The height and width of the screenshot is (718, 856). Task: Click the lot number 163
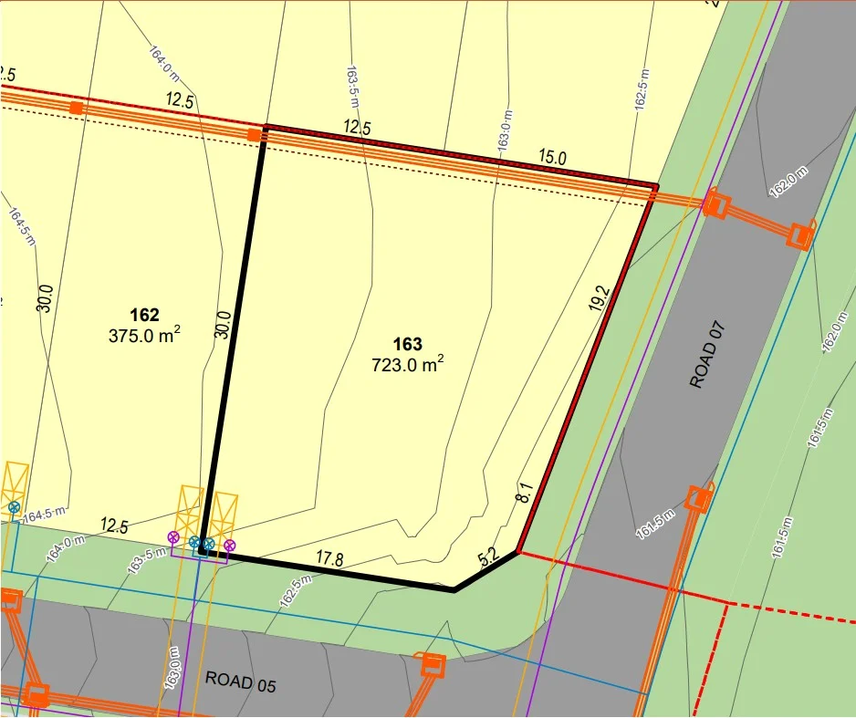[x=408, y=344]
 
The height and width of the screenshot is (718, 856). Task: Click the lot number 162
[x=144, y=316]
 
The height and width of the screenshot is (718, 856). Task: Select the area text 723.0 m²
[x=407, y=365]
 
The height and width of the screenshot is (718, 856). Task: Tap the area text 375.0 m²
[x=144, y=336]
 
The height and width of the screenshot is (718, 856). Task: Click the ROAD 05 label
[x=240, y=681]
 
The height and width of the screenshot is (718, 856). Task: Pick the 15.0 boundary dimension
[x=552, y=158]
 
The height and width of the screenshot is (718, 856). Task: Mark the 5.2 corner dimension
[x=488, y=555]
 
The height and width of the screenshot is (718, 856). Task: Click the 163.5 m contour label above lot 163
[x=352, y=87]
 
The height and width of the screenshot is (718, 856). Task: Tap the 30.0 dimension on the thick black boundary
[x=222, y=325]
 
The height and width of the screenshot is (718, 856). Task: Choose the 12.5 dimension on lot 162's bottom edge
[x=114, y=525]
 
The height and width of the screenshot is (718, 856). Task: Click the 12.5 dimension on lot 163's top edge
[x=357, y=128]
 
